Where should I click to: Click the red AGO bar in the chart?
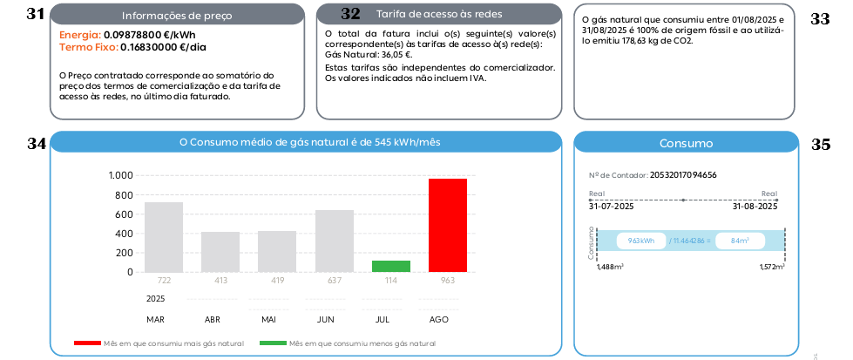(448, 225)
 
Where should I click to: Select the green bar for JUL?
(390, 266)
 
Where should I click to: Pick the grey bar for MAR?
(163, 237)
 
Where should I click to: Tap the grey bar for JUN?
(335, 241)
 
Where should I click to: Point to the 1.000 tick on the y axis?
(120, 176)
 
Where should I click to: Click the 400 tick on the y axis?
(124, 234)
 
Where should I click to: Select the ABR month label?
(212, 320)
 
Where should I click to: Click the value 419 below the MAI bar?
(277, 280)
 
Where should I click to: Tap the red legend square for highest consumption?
(87, 344)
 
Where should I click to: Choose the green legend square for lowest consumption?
(273, 344)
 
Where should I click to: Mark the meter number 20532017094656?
(683, 175)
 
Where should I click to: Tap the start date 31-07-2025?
(611, 207)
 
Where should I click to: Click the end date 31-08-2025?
(755, 207)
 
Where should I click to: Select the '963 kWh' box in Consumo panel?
(641, 241)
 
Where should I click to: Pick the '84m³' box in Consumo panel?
(741, 241)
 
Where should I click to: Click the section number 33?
(820, 18)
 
